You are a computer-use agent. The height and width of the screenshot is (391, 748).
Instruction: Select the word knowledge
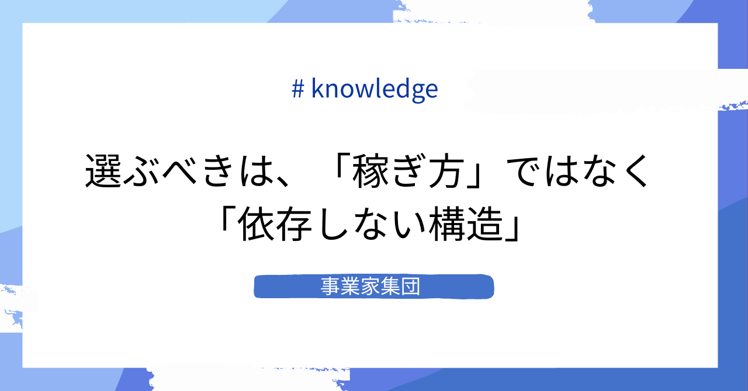coord(375,89)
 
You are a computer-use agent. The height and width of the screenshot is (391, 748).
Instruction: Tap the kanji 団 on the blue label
coord(412,287)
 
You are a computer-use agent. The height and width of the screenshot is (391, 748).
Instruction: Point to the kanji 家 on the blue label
coord(371,287)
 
